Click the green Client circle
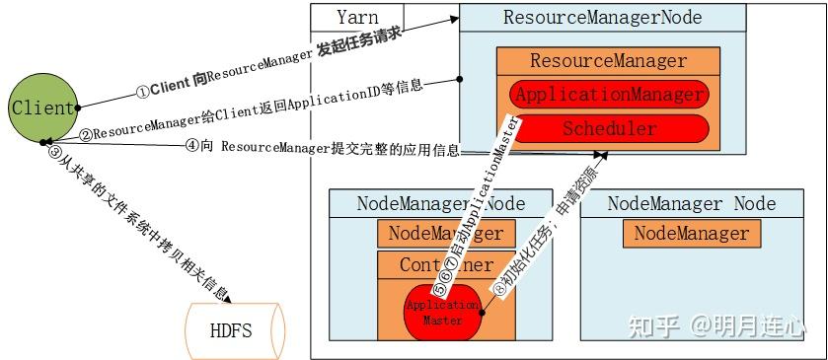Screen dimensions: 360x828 point(42,108)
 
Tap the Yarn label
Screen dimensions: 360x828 point(357,18)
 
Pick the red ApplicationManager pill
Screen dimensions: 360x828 point(610,96)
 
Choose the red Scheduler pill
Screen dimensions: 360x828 point(610,129)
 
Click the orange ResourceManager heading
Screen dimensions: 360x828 point(608,61)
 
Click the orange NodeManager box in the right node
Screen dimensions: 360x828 point(691,234)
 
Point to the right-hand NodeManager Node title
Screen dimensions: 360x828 point(691,204)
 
